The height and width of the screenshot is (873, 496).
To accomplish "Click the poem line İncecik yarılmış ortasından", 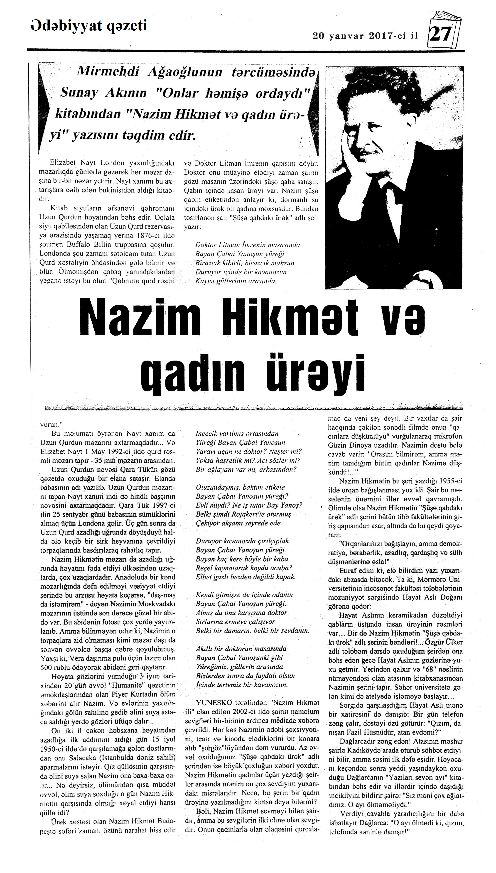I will click(237, 434).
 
